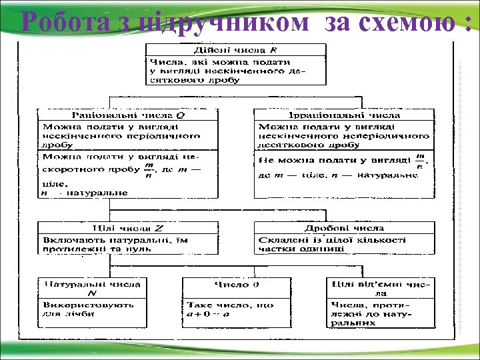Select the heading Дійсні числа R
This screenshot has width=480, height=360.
pos(235,50)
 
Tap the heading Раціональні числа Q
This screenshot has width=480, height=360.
pos(127,115)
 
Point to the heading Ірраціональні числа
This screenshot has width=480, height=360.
pos(343,115)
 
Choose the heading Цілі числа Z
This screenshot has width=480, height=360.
pos(127,228)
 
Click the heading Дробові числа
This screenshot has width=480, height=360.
pos(343,228)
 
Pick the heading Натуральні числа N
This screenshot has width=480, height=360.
pos(92,287)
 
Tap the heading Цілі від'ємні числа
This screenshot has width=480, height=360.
pos(380,287)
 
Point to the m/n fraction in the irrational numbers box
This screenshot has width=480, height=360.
pos(419,161)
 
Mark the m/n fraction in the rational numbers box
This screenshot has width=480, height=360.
pos(148,171)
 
